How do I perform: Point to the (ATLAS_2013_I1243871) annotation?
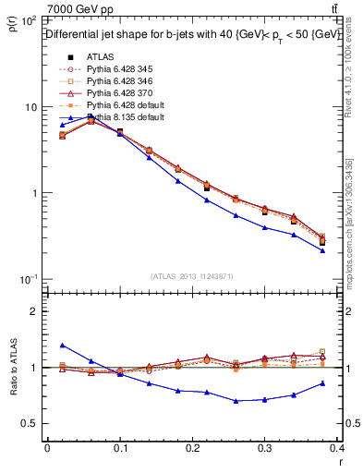click(190, 277)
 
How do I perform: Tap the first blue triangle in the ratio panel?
click(63, 345)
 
